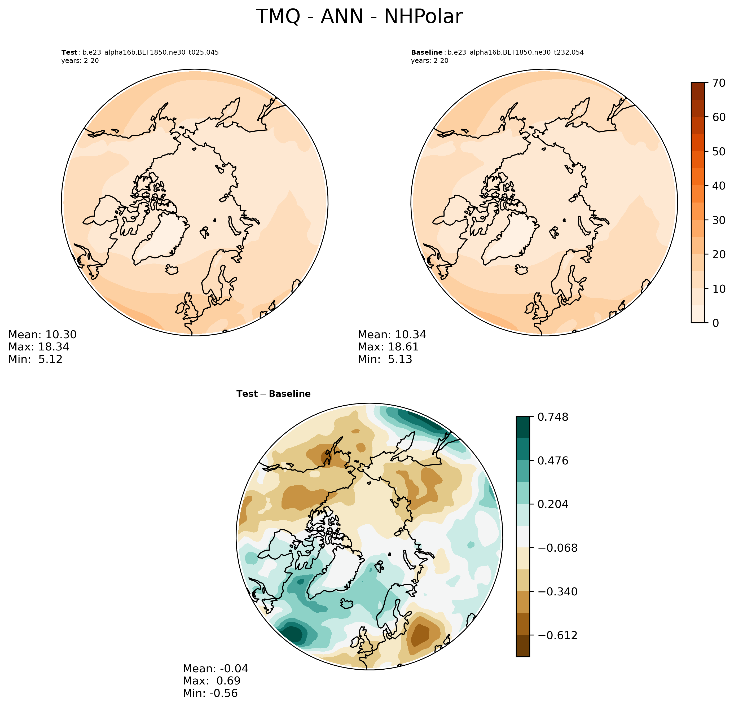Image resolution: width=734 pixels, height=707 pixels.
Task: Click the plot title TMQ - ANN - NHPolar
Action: [x=359, y=17]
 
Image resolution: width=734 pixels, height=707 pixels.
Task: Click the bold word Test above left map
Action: [x=69, y=52]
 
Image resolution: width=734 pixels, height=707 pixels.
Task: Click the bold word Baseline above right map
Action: [x=427, y=52]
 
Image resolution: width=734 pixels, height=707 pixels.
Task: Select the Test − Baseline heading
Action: [x=273, y=394]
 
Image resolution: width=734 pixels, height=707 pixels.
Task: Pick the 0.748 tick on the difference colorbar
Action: [x=553, y=417]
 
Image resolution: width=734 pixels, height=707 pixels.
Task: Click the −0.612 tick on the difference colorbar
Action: [x=557, y=635]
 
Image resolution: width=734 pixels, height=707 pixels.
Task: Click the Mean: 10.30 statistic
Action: [x=42, y=334]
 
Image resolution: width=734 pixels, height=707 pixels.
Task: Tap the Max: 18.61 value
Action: [x=388, y=347]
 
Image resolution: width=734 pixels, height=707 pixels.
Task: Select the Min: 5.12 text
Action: [x=35, y=359]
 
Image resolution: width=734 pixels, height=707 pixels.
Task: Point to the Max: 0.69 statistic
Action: [x=212, y=681]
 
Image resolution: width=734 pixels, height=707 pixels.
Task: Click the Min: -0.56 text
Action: [x=210, y=693]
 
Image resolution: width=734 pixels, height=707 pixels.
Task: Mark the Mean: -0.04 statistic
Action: [x=215, y=669]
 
